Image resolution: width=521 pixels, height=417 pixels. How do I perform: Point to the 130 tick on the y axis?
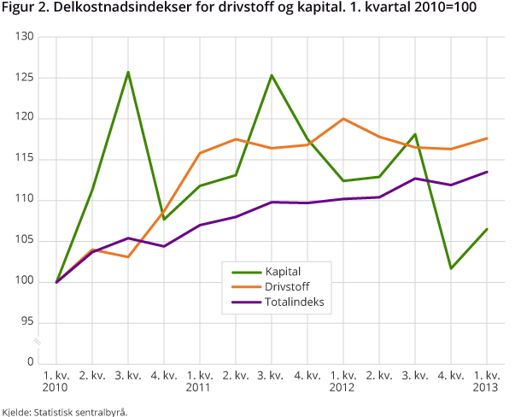(x=23, y=38)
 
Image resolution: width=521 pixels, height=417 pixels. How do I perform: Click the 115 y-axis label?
(x=23, y=159)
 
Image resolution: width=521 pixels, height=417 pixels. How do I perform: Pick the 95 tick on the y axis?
(x=26, y=322)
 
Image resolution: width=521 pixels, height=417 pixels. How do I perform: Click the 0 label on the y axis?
(x=29, y=362)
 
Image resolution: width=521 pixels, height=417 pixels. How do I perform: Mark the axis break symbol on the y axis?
(x=37, y=343)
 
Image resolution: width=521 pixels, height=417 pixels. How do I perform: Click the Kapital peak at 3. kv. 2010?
(x=128, y=72)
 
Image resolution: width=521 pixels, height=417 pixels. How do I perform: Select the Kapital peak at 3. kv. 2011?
(x=272, y=75)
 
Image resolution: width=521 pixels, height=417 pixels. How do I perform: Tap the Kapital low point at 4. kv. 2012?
(x=451, y=268)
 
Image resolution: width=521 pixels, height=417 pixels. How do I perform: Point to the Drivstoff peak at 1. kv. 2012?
(x=343, y=119)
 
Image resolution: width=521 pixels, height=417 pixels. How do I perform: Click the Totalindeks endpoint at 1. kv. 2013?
(x=487, y=172)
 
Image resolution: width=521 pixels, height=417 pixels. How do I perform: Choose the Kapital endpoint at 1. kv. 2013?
(x=487, y=229)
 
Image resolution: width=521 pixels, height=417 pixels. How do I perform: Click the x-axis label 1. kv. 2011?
(x=200, y=381)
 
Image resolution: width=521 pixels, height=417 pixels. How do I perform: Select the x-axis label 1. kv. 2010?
(x=56, y=381)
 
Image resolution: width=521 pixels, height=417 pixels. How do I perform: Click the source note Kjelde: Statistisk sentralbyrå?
(x=64, y=411)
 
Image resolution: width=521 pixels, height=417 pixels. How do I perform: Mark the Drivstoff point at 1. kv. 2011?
(x=200, y=153)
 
